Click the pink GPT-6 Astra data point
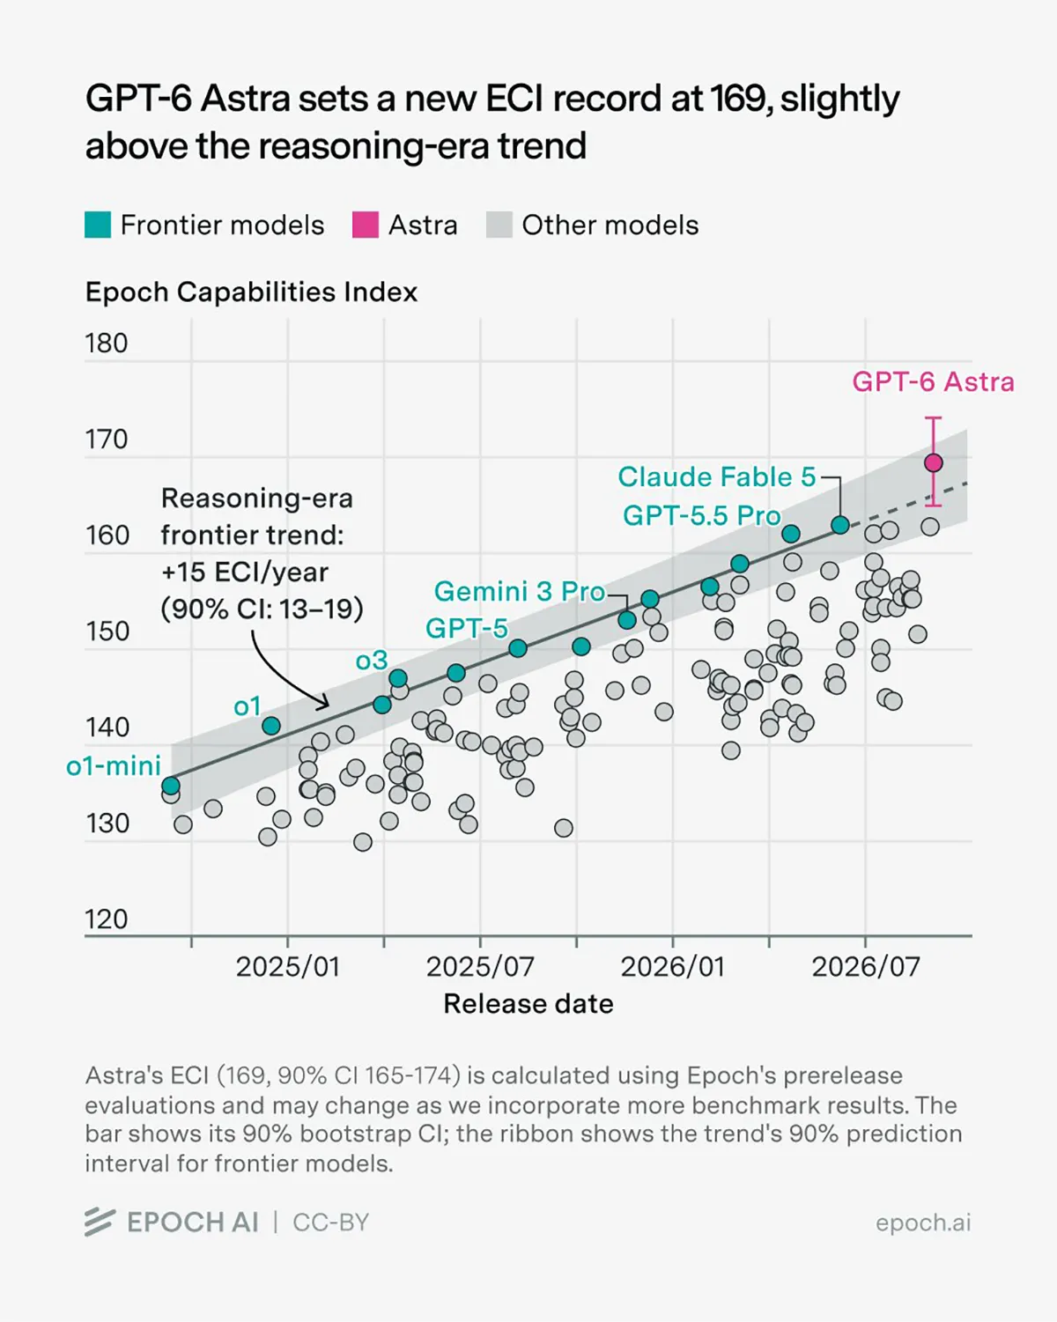[934, 462]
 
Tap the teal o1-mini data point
[170, 786]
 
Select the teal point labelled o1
[271, 726]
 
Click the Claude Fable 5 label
[716, 476]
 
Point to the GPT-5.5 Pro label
[702, 515]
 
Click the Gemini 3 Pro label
[520, 592]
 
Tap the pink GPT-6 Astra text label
[933, 382]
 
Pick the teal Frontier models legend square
[98, 225]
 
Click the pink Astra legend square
[365, 225]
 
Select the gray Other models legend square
[499, 225]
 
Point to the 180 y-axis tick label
[107, 343]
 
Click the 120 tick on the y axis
[107, 919]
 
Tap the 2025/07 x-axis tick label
[480, 967]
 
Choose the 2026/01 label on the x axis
[673, 967]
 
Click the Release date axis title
[528, 1004]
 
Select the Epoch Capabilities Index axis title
[251, 292]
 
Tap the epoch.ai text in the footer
[923, 1222]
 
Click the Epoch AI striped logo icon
[100, 1222]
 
